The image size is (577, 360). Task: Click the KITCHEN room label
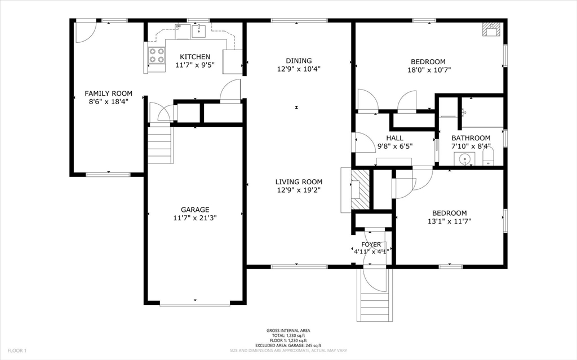click(195, 57)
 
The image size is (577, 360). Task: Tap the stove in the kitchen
click(157, 55)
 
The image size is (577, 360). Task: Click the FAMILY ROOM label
click(108, 94)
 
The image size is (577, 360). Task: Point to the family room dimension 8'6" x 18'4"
click(108, 102)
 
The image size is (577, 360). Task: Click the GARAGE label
click(195, 210)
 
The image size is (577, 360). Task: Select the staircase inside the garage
click(160, 145)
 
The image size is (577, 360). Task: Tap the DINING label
click(299, 61)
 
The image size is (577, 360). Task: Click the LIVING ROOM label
click(299, 181)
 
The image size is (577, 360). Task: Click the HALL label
click(394, 138)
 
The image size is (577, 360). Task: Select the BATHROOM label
click(472, 138)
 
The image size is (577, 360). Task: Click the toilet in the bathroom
click(488, 157)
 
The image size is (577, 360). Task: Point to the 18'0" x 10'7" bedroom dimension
click(428, 70)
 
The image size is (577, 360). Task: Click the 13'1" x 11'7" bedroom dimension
click(449, 221)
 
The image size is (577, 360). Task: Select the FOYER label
click(371, 245)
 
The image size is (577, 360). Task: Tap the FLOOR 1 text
click(17, 350)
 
